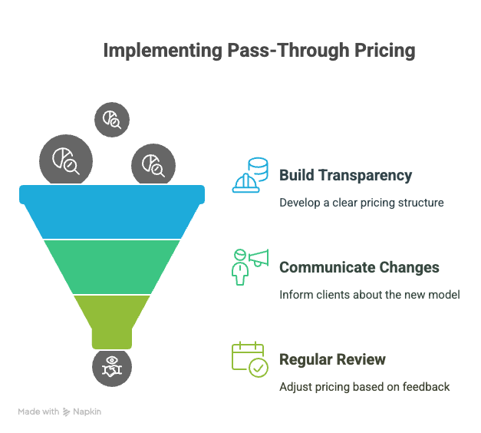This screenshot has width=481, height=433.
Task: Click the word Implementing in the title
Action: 163,51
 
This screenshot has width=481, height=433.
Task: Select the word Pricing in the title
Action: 385,51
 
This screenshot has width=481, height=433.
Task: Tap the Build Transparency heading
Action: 346,176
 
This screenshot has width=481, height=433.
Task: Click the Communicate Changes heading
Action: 359,267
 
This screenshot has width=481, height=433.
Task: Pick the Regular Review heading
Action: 332,359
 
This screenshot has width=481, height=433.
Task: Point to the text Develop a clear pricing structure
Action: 361,203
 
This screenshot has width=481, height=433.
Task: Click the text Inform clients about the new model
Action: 370,295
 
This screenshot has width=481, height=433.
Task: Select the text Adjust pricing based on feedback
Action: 364,387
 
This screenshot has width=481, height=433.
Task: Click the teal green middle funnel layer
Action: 112,267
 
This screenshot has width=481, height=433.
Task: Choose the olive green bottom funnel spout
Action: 112,319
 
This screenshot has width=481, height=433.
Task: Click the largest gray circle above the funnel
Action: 66,160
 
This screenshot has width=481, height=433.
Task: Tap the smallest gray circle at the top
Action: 112,120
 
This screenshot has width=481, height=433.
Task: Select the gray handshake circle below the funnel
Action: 112,368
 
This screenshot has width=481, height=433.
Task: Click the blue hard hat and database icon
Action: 250,175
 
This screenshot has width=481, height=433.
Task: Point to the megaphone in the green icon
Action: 259,258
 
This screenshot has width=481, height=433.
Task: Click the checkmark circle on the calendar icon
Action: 259,367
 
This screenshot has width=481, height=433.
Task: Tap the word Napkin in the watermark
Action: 87,412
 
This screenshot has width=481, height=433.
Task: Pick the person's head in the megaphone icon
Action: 240,255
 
